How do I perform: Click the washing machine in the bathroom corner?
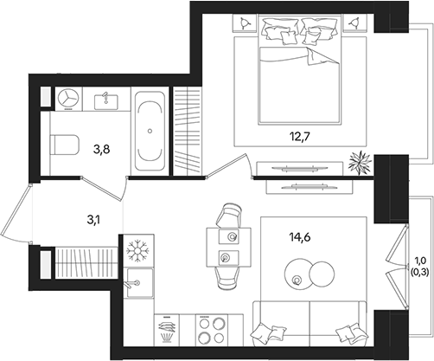tap(67, 98)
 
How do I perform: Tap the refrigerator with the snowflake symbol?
tap(137, 251)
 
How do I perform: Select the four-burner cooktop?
tap(209, 328)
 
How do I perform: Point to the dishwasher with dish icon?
tap(169, 328)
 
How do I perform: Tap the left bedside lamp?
tap(247, 23)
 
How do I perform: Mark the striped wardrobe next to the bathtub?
tap(185, 132)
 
